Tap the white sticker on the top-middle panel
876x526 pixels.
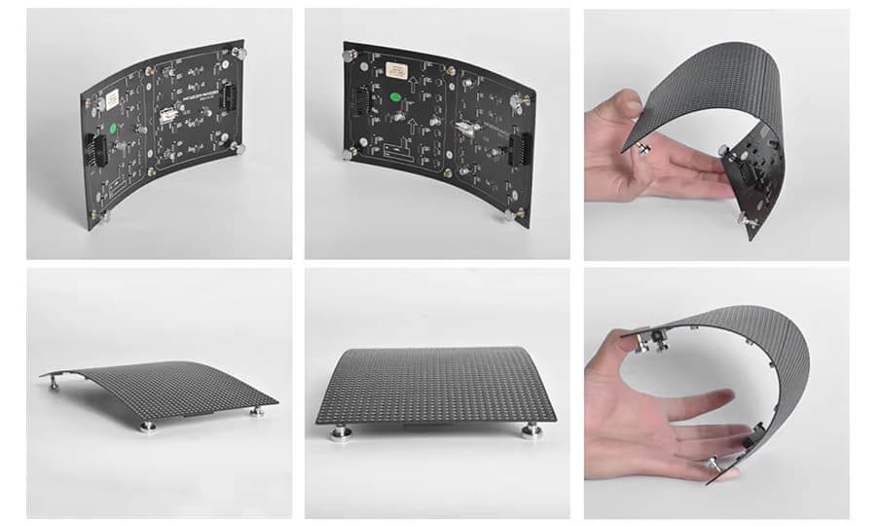(x=395, y=70)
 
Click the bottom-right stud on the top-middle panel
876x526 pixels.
(x=508, y=215)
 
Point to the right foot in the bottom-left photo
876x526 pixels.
(x=258, y=411)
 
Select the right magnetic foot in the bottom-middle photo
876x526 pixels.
(x=530, y=431)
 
